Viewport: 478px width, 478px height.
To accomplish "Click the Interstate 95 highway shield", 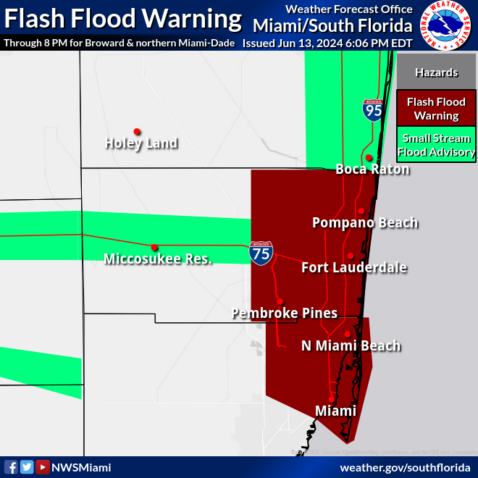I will tap(373, 110).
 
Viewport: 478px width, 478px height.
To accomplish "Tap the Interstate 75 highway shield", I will tap(261, 252).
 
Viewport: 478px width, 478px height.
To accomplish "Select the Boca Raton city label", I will tap(372, 169).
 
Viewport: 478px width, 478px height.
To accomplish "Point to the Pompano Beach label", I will tap(365, 222).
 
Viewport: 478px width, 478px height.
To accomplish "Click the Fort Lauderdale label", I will tap(354, 268).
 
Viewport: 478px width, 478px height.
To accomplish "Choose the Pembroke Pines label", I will tap(285, 313).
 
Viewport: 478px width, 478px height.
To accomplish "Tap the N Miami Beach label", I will tap(351, 345).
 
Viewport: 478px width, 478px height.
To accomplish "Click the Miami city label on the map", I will tap(335, 411).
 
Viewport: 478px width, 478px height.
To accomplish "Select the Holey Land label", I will tap(141, 143).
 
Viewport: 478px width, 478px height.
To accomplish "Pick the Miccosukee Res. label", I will tap(158, 259).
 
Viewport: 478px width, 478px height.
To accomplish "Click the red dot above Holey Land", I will tap(136, 132).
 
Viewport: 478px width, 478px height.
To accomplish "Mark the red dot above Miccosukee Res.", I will tap(154, 247).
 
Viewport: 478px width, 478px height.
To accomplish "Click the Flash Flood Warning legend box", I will tap(436, 109).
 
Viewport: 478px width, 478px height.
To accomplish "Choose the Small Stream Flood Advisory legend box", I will tap(436, 145).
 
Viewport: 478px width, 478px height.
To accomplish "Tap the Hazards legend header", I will tap(436, 72).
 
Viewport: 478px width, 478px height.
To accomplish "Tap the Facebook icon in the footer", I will tap(11, 467).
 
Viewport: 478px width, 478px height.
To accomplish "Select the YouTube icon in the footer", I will tap(43, 467).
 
